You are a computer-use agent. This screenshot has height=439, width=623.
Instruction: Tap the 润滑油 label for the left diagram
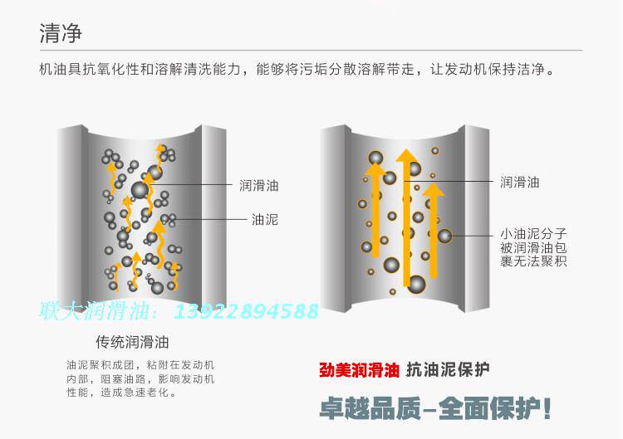coord(258,185)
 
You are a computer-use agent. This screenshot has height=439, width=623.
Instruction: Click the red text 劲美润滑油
coord(360,370)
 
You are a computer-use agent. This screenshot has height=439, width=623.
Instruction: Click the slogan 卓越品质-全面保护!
coord(435,408)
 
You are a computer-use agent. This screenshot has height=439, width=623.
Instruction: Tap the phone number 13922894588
coord(247,311)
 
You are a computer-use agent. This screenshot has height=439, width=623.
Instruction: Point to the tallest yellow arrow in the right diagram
coord(407,220)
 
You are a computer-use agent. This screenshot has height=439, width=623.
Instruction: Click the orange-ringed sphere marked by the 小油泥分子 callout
coord(445,236)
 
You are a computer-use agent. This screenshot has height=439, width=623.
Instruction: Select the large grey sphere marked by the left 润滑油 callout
coord(140,190)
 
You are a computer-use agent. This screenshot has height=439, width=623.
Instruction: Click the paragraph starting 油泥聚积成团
coord(140,378)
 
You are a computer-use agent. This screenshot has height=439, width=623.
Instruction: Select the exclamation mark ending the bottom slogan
coord(547,408)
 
